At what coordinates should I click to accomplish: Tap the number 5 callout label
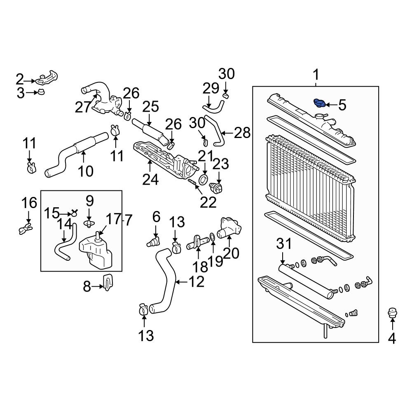point(342,105)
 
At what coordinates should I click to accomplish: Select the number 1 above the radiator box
point(316,75)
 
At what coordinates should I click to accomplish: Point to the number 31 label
point(283,244)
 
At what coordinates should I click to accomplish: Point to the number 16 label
point(29,203)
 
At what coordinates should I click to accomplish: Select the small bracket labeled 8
point(107,282)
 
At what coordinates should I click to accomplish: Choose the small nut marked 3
point(42,93)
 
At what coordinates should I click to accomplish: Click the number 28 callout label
point(242,133)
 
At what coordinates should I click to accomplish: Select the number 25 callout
point(150,108)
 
